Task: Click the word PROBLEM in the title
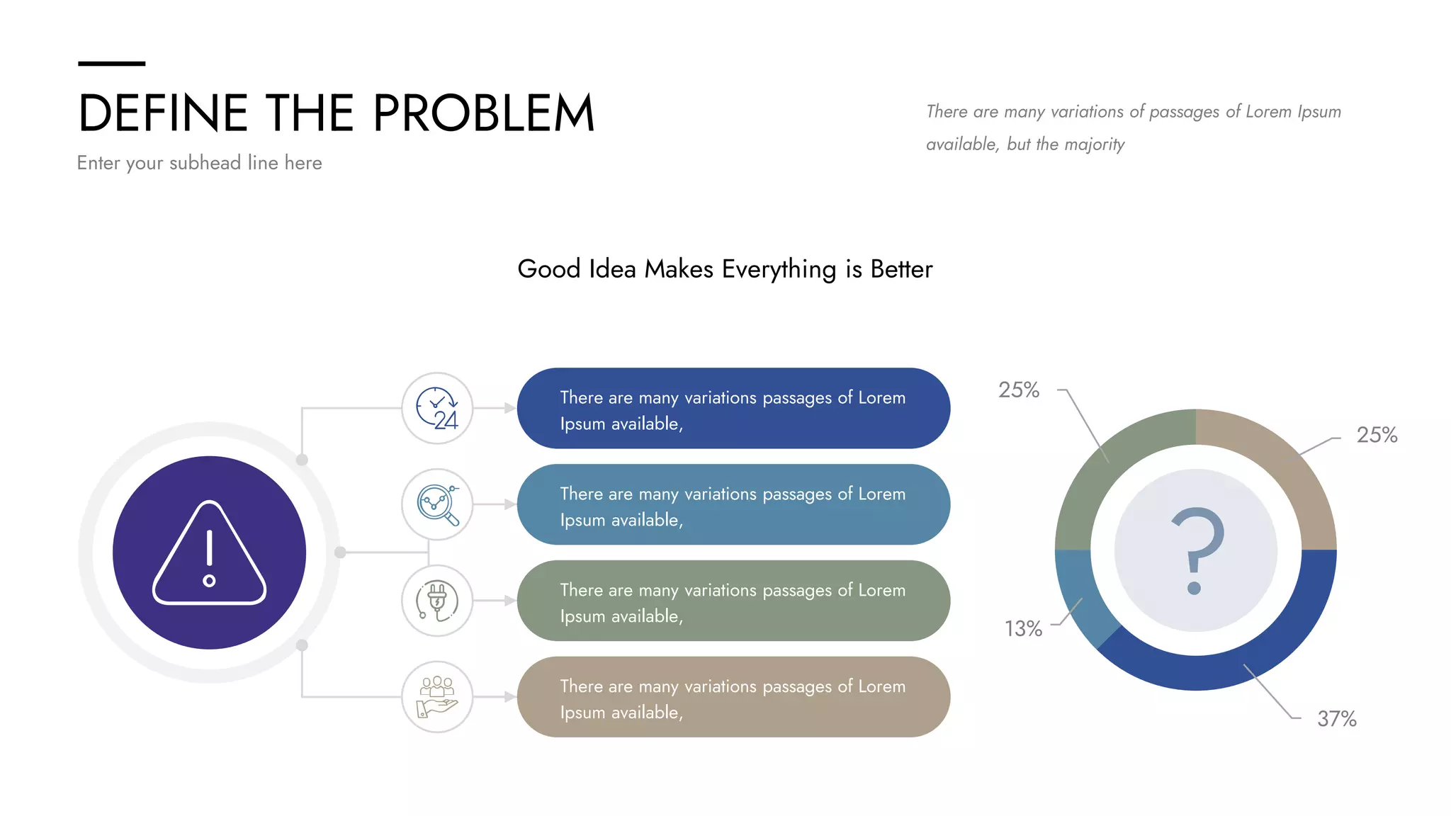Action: pyautogui.click(x=483, y=113)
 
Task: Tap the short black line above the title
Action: pyautogui.click(x=111, y=64)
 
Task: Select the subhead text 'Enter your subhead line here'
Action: pyautogui.click(x=199, y=163)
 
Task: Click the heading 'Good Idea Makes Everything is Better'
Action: pyautogui.click(x=725, y=269)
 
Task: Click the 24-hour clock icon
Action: pyautogui.click(x=437, y=409)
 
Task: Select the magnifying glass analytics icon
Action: pyautogui.click(x=437, y=505)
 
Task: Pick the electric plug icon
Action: pyautogui.click(x=437, y=601)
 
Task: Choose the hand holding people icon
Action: pyautogui.click(x=437, y=697)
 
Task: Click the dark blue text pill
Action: pyautogui.click(x=733, y=409)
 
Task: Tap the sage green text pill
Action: pyautogui.click(x=733, y=601)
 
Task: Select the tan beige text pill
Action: pyautogui.click(x=733, y=698)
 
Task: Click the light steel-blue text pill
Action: pyautogui.click(x=733, y=505)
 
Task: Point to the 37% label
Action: pyautogui.click(x=1336, y=719)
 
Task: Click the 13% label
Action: pyautogui.click(x=1023, y=629)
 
